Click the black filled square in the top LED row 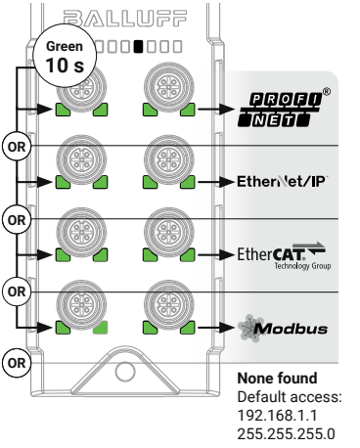pyautogui.click(x=139, y=45)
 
